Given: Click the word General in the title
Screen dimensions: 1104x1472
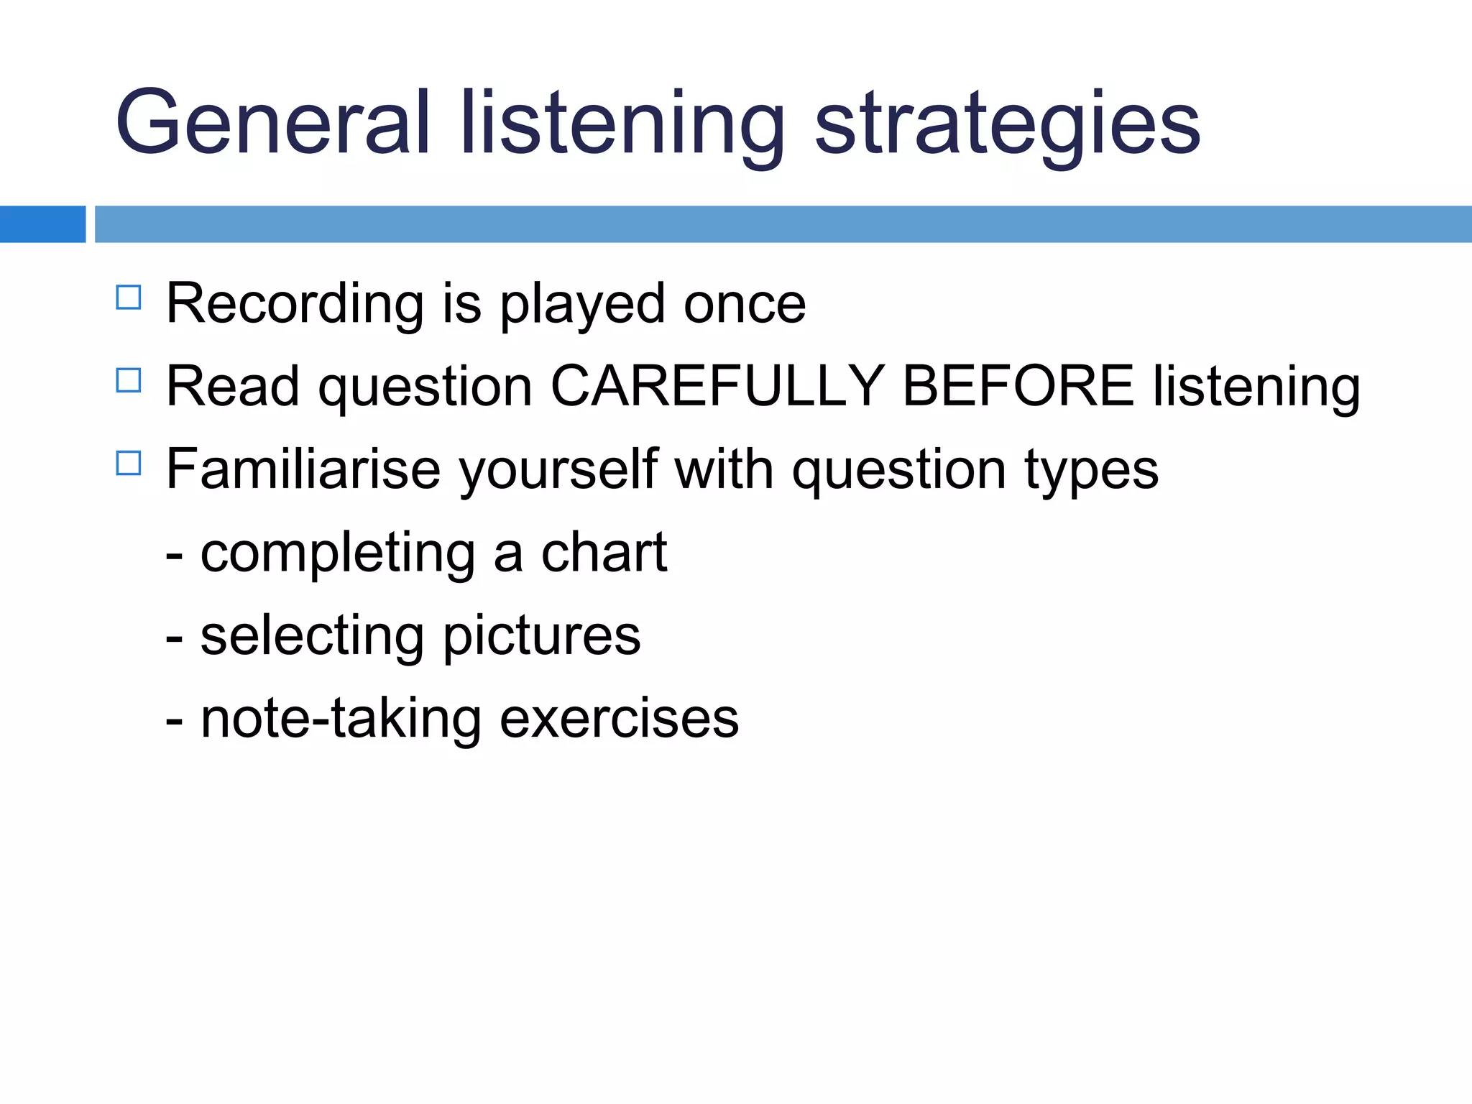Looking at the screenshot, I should coord(272,124).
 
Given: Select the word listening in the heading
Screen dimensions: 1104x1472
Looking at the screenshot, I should coord(622,124).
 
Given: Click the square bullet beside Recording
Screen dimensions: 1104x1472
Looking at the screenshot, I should coord(129,298).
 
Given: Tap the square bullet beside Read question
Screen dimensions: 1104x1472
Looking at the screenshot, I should coord(129,380).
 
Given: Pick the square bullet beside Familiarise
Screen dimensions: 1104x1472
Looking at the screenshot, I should coord(129,463).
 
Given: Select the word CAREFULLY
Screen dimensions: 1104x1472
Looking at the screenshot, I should coord(717,387).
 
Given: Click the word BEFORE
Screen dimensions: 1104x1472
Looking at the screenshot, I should coord(1018,387).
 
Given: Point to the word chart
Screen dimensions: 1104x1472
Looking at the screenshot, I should coord(604,553).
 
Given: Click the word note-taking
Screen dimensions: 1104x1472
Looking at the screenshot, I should coord(341,719).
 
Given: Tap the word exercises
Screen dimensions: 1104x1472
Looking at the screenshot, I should coord(619,719).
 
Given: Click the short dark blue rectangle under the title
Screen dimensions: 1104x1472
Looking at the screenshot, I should coord(42,224).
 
